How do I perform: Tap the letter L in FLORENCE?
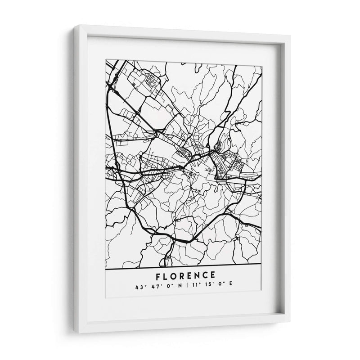coord(164,275)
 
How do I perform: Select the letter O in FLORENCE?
coord(173,275)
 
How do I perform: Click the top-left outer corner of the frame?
coord(72,26)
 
